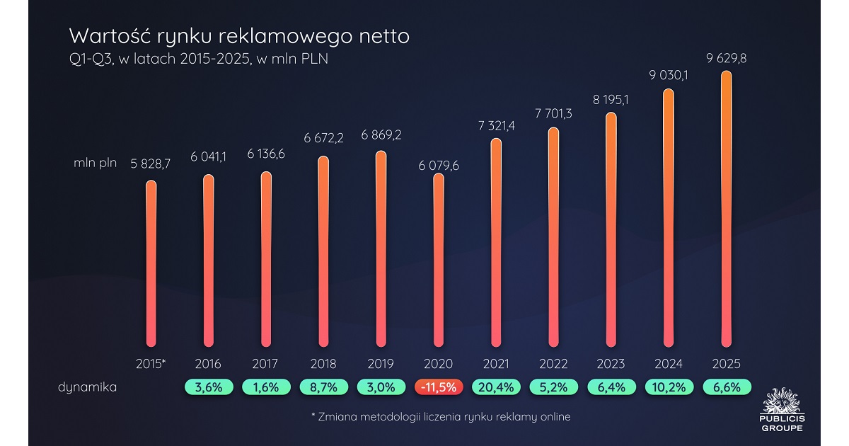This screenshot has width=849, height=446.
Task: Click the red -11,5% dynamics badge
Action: [439, 387]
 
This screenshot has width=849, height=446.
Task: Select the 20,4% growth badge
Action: [496, 387]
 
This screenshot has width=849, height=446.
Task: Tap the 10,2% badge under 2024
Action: [669, 387]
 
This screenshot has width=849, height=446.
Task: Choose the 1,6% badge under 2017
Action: [265, 387]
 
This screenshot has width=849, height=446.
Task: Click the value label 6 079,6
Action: [439, 166]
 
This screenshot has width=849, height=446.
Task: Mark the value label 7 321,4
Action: [496, 125]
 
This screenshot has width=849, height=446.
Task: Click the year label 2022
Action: [553, 364]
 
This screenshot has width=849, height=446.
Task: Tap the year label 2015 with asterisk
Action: [151, 364]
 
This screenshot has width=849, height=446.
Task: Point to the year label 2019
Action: [381, 364]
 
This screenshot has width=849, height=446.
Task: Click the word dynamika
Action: [88, 387]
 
